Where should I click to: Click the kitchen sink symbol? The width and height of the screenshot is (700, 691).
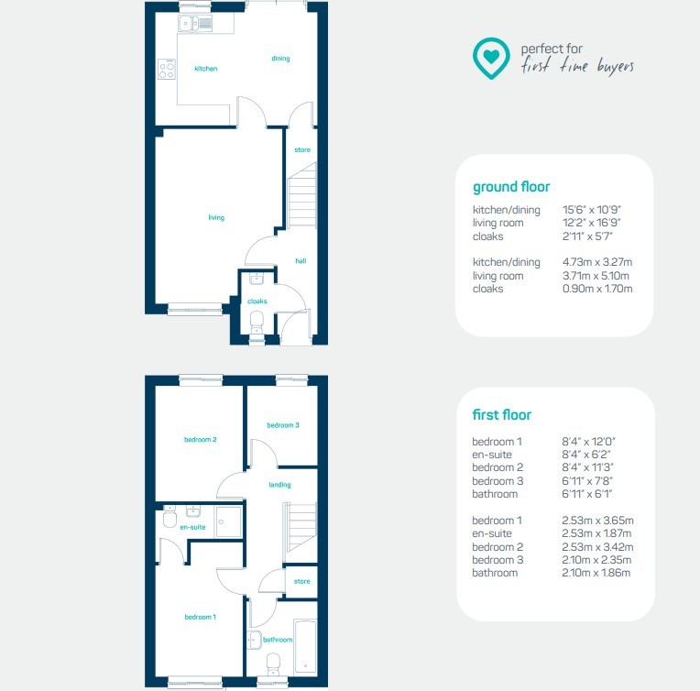(x=195, y=23)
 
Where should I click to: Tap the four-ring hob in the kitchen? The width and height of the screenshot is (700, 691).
(x=167, y=70)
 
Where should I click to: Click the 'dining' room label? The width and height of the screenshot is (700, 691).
(x=280, y=58)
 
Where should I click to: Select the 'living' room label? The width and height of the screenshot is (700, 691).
(x=216, y=217)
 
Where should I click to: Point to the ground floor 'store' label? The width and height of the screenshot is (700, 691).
(x=302, y=149)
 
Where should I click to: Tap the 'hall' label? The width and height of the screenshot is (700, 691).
(x=301, y=261)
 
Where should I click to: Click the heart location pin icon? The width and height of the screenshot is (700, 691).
(x=491, y=58)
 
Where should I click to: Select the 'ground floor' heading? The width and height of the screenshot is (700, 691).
(x=511, y=187)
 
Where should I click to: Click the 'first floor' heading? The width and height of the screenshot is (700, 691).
(x=502, y=414)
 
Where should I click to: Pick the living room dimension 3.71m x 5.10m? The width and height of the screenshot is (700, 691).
(x=596, y=276)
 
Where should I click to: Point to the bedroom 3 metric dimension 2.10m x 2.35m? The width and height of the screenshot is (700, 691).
(x=596, y=560)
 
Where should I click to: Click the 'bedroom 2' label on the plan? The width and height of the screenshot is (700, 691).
(x=200, y=440)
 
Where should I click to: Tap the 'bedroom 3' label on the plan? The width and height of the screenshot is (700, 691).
(x=283, y=425)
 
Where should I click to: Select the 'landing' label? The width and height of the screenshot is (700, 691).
(x=280, y=485)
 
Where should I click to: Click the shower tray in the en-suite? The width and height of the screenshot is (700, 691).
(x=229, y=521)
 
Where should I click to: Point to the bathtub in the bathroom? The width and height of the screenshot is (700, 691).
(x=306, y=646)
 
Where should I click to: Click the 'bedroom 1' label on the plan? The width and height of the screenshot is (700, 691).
(x=200, y=617)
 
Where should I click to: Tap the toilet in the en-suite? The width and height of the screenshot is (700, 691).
(x=170, y=517)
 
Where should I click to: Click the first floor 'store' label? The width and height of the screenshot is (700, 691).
(x=301, y=581)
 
